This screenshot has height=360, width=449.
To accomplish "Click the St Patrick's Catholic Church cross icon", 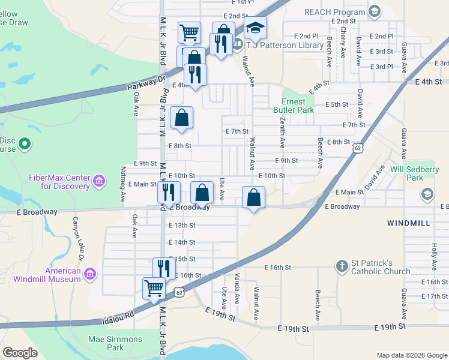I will point(342,266).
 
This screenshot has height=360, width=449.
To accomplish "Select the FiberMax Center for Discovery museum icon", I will point(100,181).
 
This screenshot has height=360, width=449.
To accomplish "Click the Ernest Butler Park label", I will point(294,106).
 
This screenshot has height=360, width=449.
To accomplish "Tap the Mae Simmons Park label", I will point(115,343).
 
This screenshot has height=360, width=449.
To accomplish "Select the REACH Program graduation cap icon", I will point(375,11).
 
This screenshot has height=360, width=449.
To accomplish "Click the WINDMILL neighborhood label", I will point(408,223).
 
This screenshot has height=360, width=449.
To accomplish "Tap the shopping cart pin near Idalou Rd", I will point(154,288).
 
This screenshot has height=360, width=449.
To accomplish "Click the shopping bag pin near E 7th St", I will point(181,118).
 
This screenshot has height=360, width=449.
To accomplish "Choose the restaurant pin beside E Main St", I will point(169,193).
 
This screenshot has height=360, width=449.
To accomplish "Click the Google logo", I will point(20,353).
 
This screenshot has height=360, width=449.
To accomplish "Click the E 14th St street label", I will point(182,242).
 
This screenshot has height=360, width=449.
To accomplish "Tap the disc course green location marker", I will point(25,144).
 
